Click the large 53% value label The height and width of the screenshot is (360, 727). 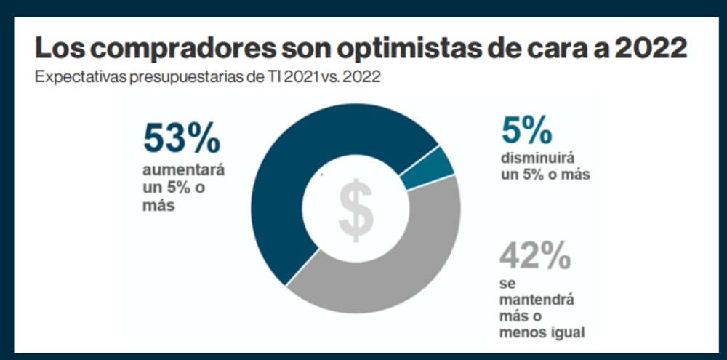click(181, 138)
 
